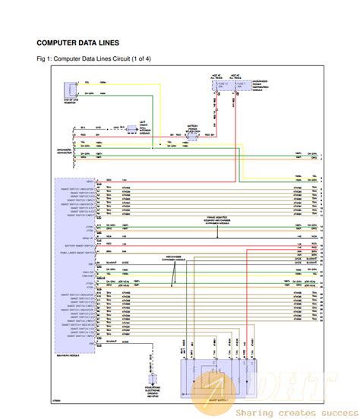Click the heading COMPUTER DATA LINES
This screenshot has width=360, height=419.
(77, 43)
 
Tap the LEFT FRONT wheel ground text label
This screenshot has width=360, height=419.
(141, 127)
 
